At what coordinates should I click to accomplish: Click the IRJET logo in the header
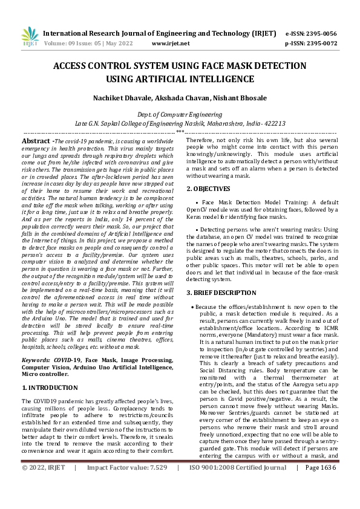(x=30, y=37)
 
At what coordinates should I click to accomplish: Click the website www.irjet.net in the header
(x=171, y=44)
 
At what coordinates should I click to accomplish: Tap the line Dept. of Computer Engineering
(x=180, y=114)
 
